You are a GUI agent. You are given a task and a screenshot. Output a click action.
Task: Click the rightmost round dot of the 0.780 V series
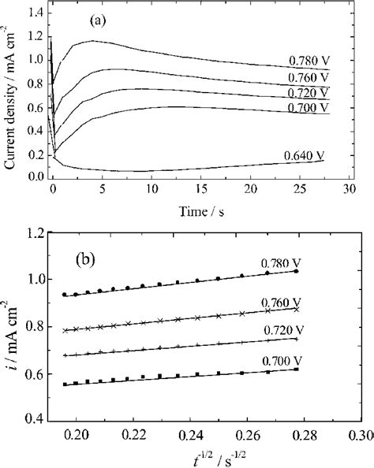296,271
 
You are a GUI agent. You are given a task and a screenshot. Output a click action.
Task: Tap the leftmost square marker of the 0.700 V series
65,384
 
